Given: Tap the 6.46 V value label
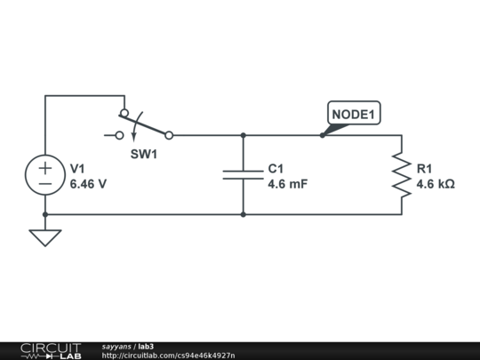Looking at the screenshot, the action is point(88,184).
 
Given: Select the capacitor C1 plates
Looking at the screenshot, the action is point(243,175).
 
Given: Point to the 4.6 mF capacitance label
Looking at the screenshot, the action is point(288,184).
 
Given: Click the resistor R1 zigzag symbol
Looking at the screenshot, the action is point(402,175).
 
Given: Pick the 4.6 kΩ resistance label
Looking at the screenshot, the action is point(436,184).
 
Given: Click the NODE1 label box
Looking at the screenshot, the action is point(354,113).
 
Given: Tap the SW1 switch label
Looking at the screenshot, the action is point(144,154).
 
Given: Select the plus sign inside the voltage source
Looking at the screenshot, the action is point(45,168).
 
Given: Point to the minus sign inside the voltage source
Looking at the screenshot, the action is point(45,184).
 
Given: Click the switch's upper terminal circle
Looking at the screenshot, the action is point(124,113).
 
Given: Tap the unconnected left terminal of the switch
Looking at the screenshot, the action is point(120,135).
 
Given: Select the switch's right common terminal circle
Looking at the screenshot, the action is point(169,135).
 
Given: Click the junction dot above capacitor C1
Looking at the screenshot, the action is point(243,135).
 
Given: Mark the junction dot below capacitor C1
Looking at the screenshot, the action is point(243,214).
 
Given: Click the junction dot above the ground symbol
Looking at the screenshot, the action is point(45,214).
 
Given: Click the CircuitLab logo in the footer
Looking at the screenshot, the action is point(51,351).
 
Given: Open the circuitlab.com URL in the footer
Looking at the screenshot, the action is point(168,356).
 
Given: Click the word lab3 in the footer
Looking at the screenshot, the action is point(146,347).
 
